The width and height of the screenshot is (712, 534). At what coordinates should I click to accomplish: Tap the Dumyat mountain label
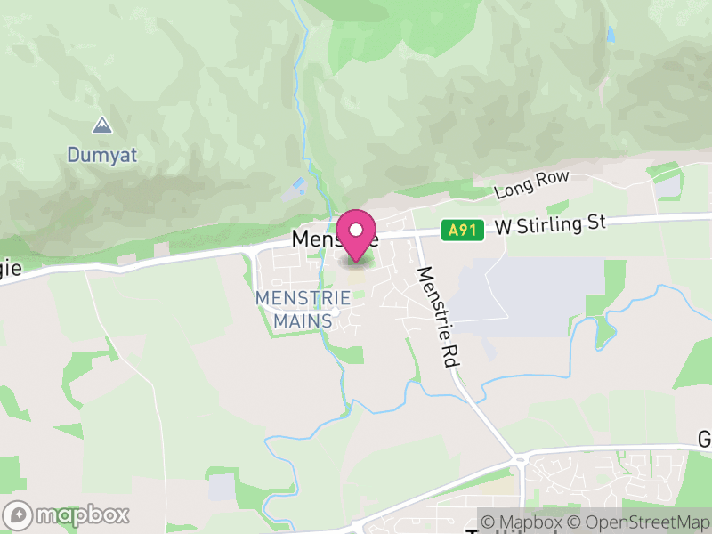[102, 155]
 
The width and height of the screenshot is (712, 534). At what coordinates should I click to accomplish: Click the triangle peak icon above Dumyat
[102, 125]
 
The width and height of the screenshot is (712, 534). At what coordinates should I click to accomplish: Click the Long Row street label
[531, 185]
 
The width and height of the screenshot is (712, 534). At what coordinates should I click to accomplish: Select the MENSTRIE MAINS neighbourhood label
[303, 309]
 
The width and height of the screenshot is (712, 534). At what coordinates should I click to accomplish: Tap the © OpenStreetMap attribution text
[638, 522]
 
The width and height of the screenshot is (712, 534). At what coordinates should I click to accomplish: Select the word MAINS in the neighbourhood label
[303, 320]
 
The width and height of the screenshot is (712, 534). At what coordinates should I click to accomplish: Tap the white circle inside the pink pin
[357, 230]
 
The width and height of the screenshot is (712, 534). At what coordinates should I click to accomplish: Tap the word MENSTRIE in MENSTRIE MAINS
[303, 298]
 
